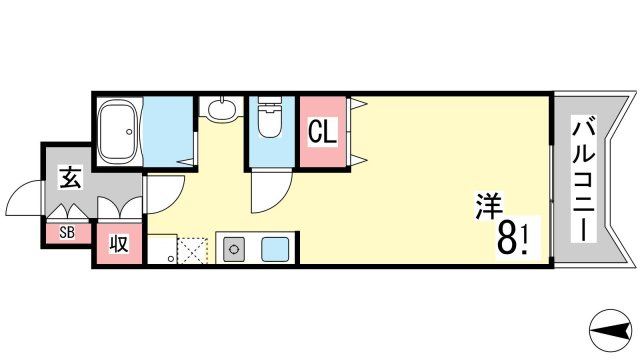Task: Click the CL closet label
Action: point(322,131)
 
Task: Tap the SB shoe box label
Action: point(67,233)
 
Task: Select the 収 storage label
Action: point(119,244)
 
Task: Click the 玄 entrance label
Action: point(71,177)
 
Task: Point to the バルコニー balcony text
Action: point(584,180)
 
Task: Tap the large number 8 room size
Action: point(506,239)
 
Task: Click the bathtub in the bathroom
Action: point(119,131)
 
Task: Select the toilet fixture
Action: point(269,117)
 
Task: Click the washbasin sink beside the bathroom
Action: point(221,109)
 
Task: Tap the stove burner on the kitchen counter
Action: point(234,249)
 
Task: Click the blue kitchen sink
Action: point(275,249)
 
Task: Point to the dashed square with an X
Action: point(192,251)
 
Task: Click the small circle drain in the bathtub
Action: point(129,132)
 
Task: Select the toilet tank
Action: point(269,100)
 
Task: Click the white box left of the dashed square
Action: point(162,249)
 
